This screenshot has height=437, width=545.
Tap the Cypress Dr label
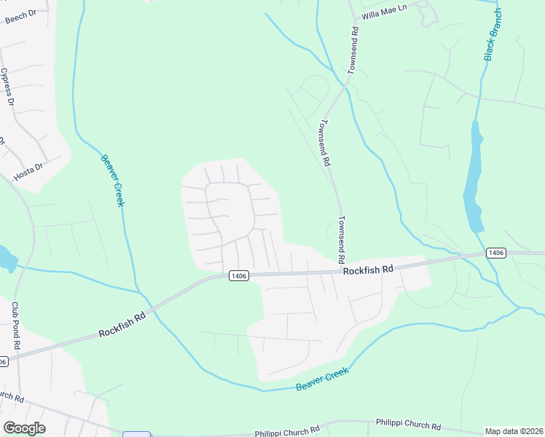[x=7, y=87]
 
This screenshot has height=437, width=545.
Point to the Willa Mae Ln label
[x=381, y=15]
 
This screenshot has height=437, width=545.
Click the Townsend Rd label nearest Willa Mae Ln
[x=354, y=51]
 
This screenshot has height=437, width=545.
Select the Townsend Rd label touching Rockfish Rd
[x=340, y=240]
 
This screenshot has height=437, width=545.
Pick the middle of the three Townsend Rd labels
[x=324, y=143]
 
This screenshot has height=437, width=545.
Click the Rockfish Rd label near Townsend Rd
[x=368, y=269]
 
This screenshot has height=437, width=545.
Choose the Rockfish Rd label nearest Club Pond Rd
[x=122, y=324]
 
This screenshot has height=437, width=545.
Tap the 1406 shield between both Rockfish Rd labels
[x=239, y=275]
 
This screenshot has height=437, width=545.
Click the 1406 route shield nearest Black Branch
[x=495, y=253]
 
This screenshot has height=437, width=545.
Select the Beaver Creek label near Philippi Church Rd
[x=323, y=379]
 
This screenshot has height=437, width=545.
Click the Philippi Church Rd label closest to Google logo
[x=287, y=433]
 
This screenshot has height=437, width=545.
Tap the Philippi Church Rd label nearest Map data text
[x=408, y=424]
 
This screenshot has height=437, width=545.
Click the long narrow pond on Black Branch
[x=474, y=178]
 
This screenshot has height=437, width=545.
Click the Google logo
[x=24, y=428]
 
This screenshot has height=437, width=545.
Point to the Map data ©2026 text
[x=514, y=431]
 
